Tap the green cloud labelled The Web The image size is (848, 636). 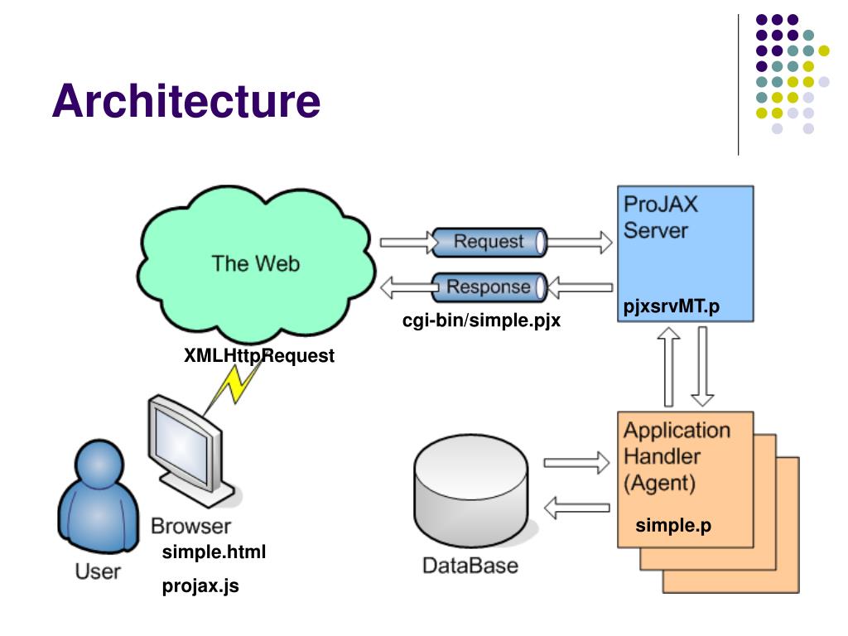pyautogui.click(x=256, y=263)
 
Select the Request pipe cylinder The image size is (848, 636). pyautogui.click(x=489, y=242)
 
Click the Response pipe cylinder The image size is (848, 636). pyautogui.click(x=489, y=287)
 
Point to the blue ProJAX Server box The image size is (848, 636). pyautogui.click(x=685, y=253)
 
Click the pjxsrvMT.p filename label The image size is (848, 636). pyautogui.click(x=671, y=306)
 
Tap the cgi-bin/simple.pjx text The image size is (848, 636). pyautogui.click(x=481, y=320)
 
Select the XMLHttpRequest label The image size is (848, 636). pyautogui.click(x=259, y=355)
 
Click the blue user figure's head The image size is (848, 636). pyautogui.click(x=99, y=465)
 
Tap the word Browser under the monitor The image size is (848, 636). pyautogui.click(x=190, y=526)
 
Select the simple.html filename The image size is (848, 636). pyautogui.click(x=214, y=552)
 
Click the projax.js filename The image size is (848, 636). pyautogui.click(x=200, y=585)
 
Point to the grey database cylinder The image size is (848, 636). pyautogui.click(x=471, y=490)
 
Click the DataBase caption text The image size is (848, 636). pyautogui.click(x=470, y=566)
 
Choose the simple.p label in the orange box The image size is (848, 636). pyautogui.click(x=672, y=525)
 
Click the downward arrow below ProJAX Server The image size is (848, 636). pyautogui.click(x=702, y=366)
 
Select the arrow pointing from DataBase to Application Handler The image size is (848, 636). pyautogui.click(x=576, y=463)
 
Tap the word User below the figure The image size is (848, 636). pyautogui.click(x=98, y=571)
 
